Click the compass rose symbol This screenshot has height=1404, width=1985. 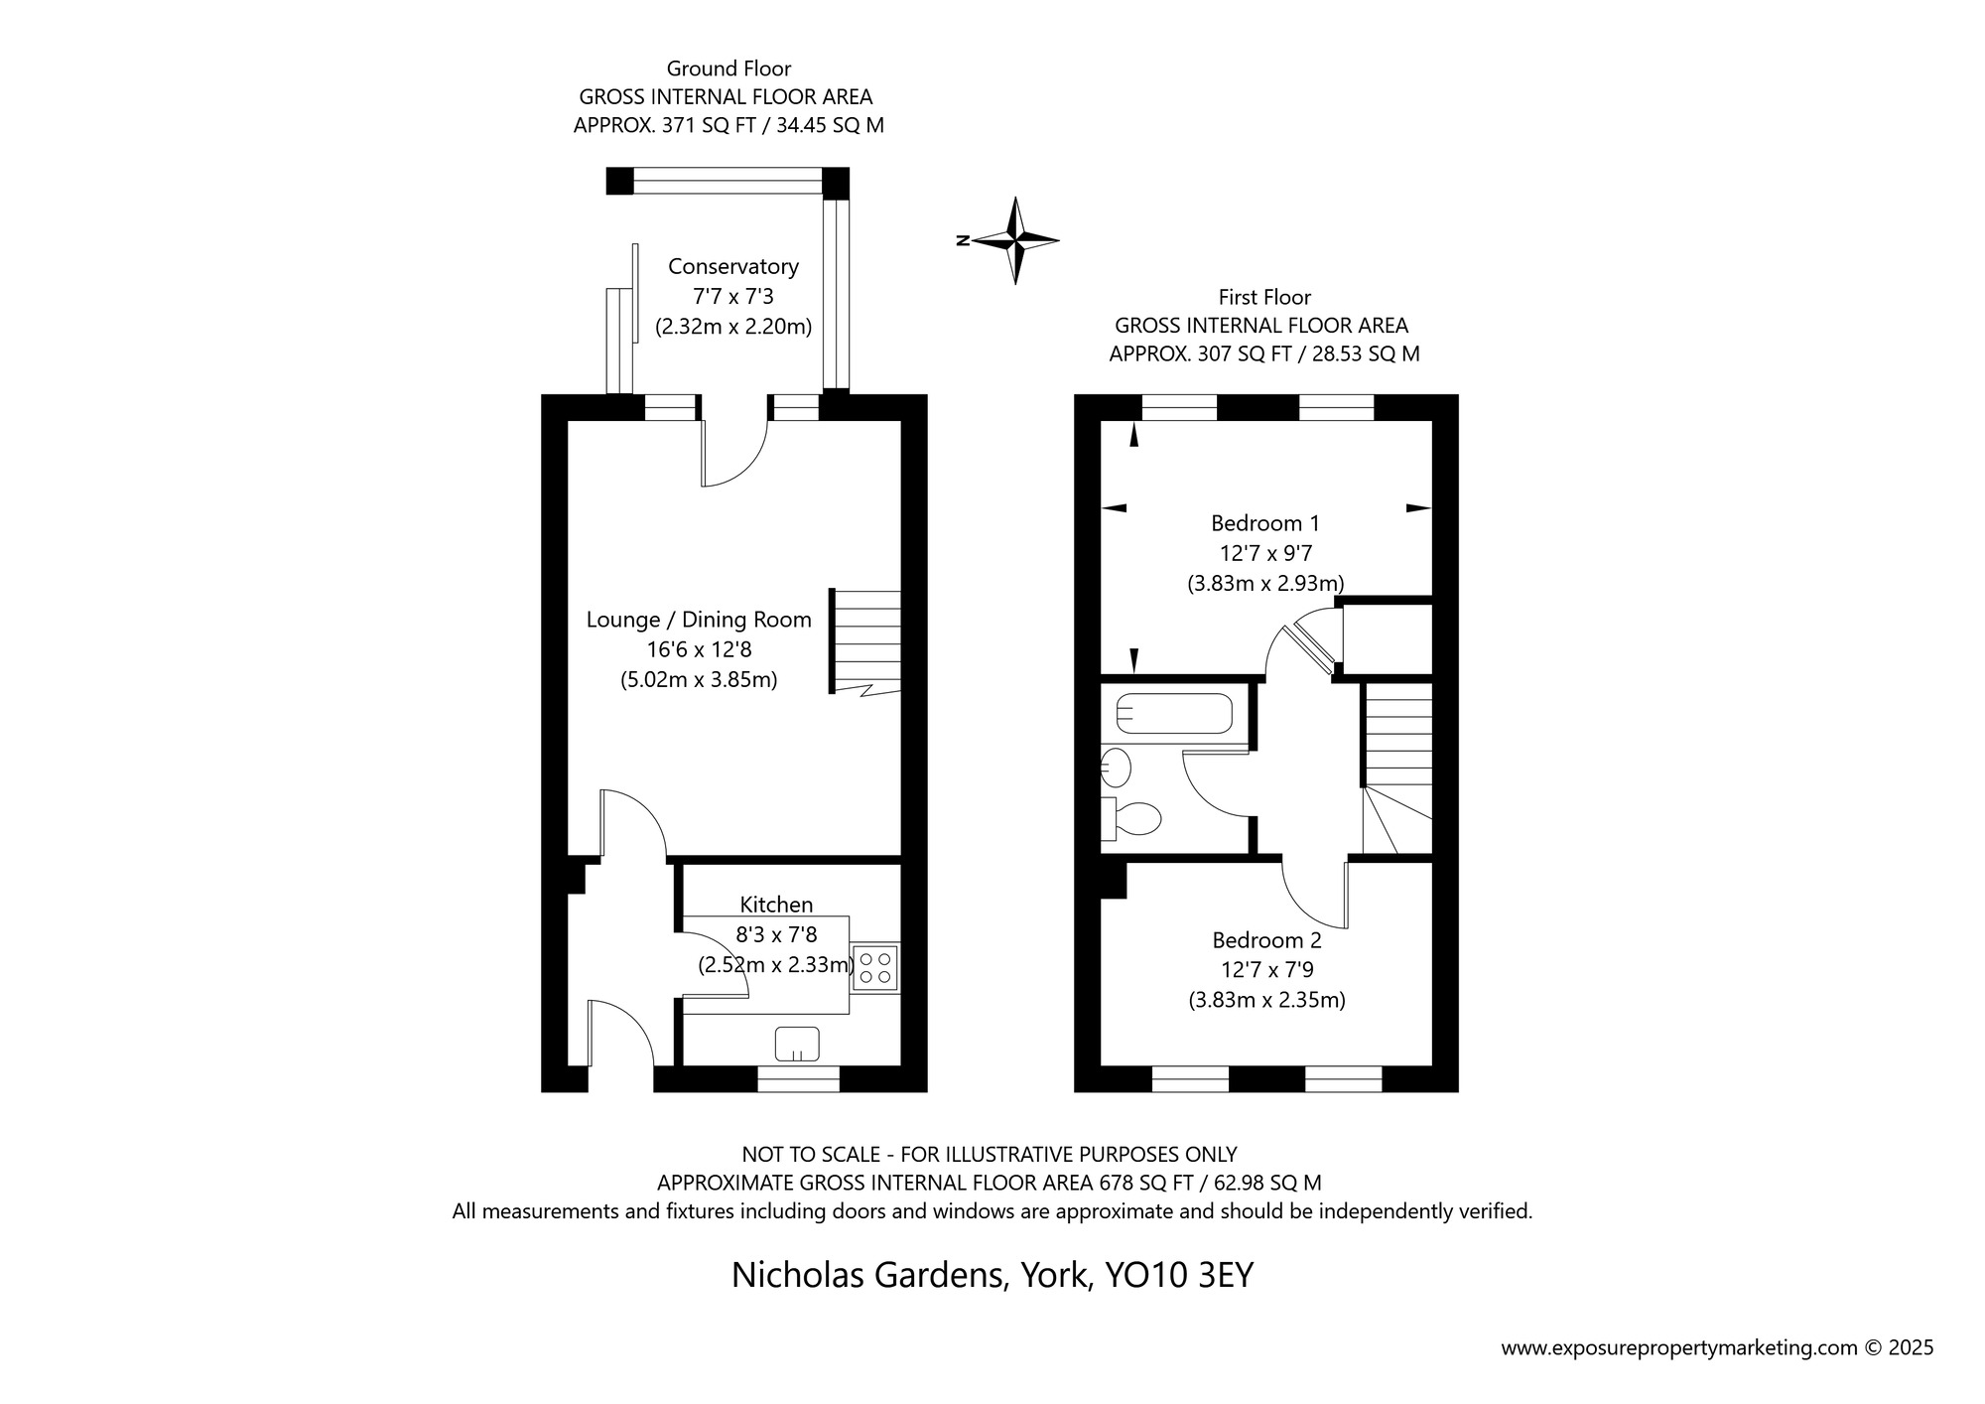point(1015,240)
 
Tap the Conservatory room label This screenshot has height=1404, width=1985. point(732,267)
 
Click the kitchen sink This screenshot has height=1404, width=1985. point(797,1044)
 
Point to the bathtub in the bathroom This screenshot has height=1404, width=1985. point(1174,713)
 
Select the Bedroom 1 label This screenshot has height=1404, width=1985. point(1264,523)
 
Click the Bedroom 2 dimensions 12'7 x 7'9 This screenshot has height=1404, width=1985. point(1266,970)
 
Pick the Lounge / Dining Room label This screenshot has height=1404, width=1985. point(699,621)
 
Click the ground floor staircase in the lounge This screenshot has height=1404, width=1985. point(866,641)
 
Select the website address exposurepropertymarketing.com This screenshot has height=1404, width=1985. point(1677,1348)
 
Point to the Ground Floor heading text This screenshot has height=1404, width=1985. point(728,69)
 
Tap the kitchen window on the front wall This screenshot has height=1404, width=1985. point(798,1079)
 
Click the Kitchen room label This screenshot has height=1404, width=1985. point(776,905)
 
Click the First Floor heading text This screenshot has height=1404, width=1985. point(1264,297)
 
